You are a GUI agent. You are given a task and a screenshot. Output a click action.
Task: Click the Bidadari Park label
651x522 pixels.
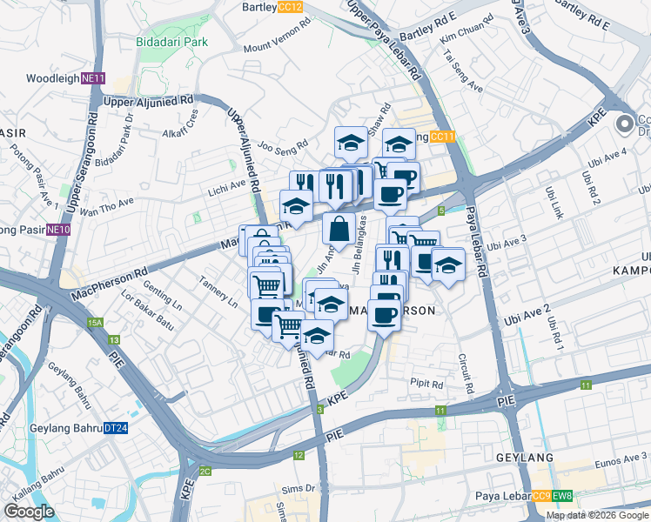point(171,41)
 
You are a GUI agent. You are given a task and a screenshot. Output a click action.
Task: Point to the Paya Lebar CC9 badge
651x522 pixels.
point(541,497)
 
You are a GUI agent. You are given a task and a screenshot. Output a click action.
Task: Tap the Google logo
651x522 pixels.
point(29,512)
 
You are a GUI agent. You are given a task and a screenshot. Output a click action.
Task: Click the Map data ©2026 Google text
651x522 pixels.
point(597,515)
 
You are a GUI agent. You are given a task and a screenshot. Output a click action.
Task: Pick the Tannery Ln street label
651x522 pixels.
point(218,292)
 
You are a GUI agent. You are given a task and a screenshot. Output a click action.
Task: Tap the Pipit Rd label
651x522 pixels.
point(426,383)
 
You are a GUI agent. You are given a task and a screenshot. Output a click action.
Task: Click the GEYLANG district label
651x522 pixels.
point(525,458)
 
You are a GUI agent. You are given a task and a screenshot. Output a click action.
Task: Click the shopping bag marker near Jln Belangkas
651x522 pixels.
point(339,230)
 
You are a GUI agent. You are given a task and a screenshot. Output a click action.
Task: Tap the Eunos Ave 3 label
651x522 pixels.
point(623,458)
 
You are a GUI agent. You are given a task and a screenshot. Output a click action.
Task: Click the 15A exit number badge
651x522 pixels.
point(95,323)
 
